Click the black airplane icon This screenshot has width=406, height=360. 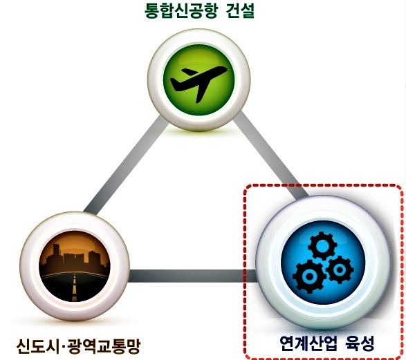pyautogui.click(x=199, y=83)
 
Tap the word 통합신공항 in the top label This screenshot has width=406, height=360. pyautogui.click(x=181, y=11)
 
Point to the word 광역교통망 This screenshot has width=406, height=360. pyautogui.click(x=104, y=346)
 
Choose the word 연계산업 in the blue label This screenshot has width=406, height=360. pyautogui.click(x=308, y=343)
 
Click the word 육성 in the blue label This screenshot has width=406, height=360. pyautogui.click(x=360, y=343)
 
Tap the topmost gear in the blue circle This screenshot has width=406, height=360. pyautogui.click(x=322, y=245)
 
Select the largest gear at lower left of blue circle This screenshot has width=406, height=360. pyautogui.click(x=308, y=276)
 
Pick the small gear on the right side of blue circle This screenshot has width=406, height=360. pyautogui.click(x=340, y=269)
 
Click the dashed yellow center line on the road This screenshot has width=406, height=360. pyautogui.click(x=75, y=286)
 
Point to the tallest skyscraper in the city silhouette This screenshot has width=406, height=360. pyautogui.click(x=56, y=255)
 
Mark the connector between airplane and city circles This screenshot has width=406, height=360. pyautogui.click(x=127, y=166)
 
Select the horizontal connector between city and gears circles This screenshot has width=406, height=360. pyautogui.click(x=193, y=276)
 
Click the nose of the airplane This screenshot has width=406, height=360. pyautogui.click(x=225, y=69)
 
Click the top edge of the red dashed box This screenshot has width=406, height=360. pyautogui.click(x=322, y=185)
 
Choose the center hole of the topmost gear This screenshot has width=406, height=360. pyautogui.click(x=322, y=245)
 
